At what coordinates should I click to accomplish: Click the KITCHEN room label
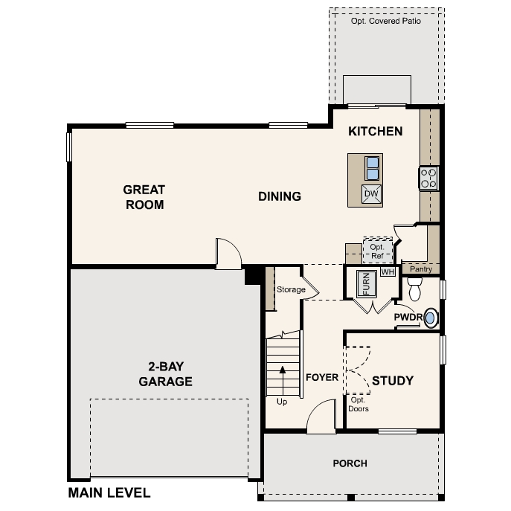point(376,132)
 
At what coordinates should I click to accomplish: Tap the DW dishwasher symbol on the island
point(371,194)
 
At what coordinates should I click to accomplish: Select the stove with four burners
point(429,179)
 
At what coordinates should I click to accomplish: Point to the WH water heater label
point(386,272)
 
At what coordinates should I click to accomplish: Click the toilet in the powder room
point(415,286)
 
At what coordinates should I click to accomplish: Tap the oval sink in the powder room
point(430,318)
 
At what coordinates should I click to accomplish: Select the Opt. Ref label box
point(376,250)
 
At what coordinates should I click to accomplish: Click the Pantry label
point(420,269)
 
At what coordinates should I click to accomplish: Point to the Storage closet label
point(291,289)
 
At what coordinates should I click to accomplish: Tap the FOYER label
point(322,377)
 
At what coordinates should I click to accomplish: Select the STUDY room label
point(392,381)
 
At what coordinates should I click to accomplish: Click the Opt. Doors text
point(359,404)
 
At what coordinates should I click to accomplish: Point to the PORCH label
point(350,463)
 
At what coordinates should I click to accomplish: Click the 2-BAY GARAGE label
point(165,375)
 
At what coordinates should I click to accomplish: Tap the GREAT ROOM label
point(144,197)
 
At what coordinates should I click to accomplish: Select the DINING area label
point(280,196)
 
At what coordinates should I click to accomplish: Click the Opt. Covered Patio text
point(386,22)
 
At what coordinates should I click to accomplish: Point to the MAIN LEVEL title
point(109,492)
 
